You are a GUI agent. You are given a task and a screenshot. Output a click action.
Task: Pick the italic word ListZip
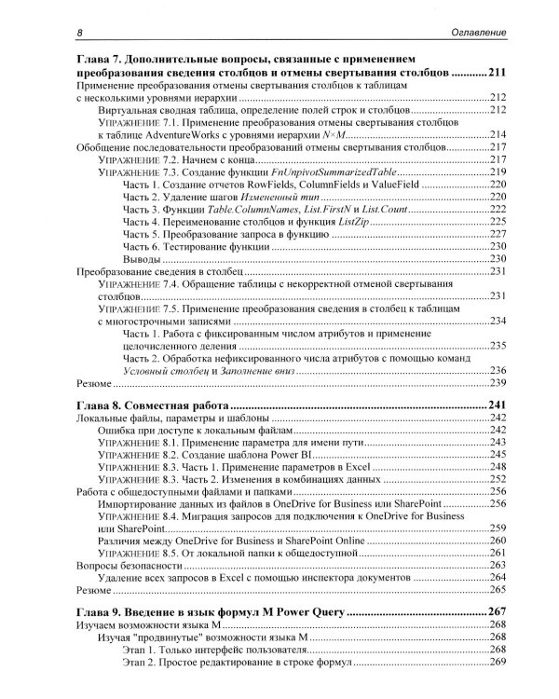[348, 221]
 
